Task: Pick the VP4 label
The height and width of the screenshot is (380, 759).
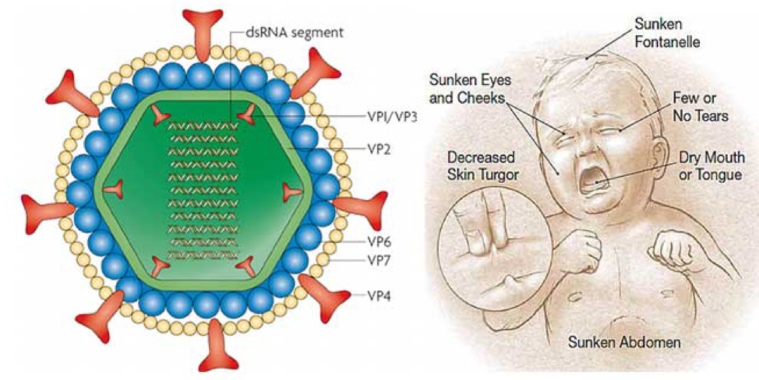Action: (378, 295)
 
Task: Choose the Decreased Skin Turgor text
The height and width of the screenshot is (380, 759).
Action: (481, 165)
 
